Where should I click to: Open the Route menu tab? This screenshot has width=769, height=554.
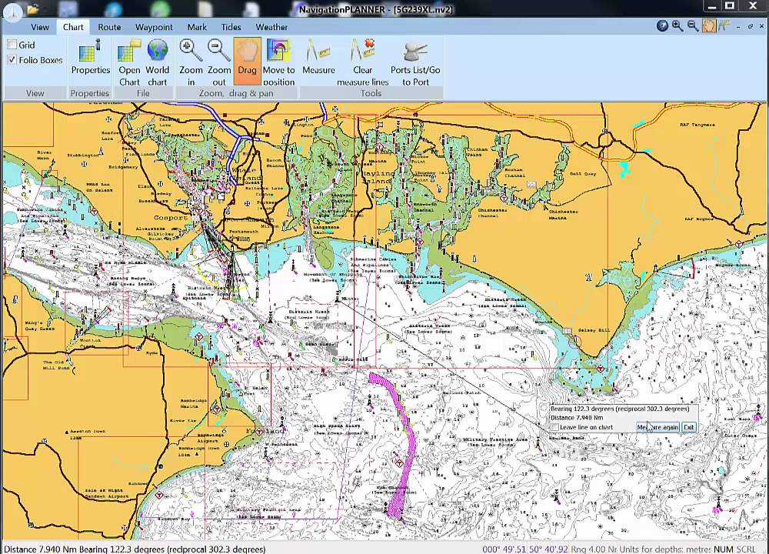point(109,27)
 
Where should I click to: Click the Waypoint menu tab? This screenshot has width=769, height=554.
point(154,27)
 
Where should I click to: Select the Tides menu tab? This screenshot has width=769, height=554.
point(231,27)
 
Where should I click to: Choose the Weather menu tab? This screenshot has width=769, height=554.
point(271,27)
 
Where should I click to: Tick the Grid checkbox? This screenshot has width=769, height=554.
point(12,45)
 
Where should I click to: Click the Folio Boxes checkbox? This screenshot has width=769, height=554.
point(12,60)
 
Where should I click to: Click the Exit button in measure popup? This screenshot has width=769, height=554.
point(688,427)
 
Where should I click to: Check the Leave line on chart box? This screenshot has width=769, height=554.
point(554,427)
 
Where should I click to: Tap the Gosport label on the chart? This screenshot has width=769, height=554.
point(171,218)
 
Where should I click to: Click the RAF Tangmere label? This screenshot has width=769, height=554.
point(697,124)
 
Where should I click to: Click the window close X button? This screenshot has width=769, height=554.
point(751,8)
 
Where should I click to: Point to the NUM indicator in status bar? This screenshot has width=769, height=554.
point(723,549)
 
